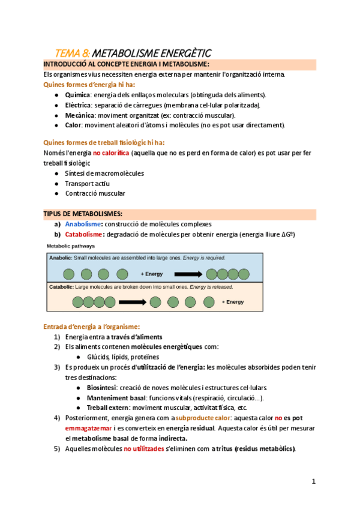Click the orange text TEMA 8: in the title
point(73,53)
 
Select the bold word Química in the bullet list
point(77,95)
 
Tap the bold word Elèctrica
point(79,105)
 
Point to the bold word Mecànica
point(79,115)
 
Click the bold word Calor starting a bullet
point(73,125)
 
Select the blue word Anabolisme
point(82,224)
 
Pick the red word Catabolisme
point(84,234)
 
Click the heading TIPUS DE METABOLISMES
point(83,214)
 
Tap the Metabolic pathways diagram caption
point(71,246)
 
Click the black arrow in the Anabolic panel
point(187,274)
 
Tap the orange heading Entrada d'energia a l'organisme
point(91,327)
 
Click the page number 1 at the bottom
point(313,481)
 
